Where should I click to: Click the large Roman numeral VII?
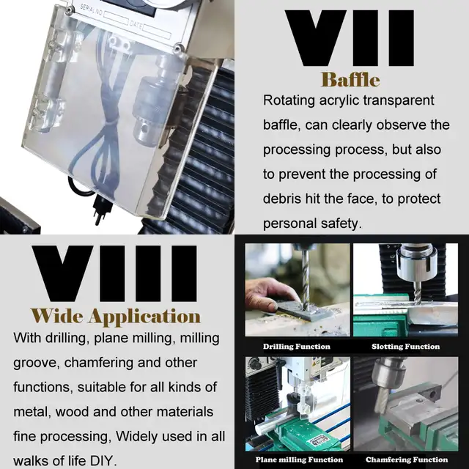(x=350, y=38)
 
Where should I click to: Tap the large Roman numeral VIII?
(x=114, y=273)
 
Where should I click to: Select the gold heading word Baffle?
(x=350, y=80)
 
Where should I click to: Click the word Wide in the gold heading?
(x=57, y=316)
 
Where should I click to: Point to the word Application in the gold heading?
(x=144, y=317)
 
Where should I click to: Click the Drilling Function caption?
(x=297, y=347)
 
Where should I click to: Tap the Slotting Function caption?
(x=405, y=347)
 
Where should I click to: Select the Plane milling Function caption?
(x=299, y=459)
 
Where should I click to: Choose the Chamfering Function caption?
(x=407, y=459)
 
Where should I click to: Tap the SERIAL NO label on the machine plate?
(x=91, y=12)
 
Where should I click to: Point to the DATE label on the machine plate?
(x=136, y=25)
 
